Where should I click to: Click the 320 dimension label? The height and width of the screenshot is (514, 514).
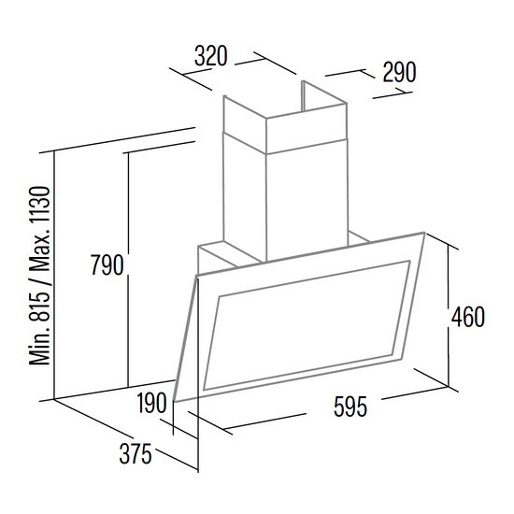click(x=210, y=56)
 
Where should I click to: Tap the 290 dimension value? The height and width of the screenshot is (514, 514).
click(x=399, y=72)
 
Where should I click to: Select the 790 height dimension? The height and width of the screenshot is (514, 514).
click(x=107, y=264)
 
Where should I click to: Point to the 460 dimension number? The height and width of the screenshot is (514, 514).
click(x=468, y=317)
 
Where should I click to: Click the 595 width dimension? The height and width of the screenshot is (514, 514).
click(x=350, y=407)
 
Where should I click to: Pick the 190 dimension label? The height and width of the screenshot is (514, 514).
click(x=151, y=403)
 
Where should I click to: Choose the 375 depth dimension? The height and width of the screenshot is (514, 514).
click(x=136, y=453)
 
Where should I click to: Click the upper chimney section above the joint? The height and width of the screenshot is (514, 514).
click(x=285, y=121)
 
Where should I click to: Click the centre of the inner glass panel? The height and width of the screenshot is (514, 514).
click(x=307, y=325)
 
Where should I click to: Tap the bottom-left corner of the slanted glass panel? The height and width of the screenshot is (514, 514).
click(x=175, y=402)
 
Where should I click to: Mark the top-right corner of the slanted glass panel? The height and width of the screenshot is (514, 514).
click(x=425, y=233)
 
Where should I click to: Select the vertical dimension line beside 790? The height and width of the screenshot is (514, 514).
click(x=128, y=269)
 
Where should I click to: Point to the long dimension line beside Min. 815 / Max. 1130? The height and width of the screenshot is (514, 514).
click(x=54, y=276)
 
